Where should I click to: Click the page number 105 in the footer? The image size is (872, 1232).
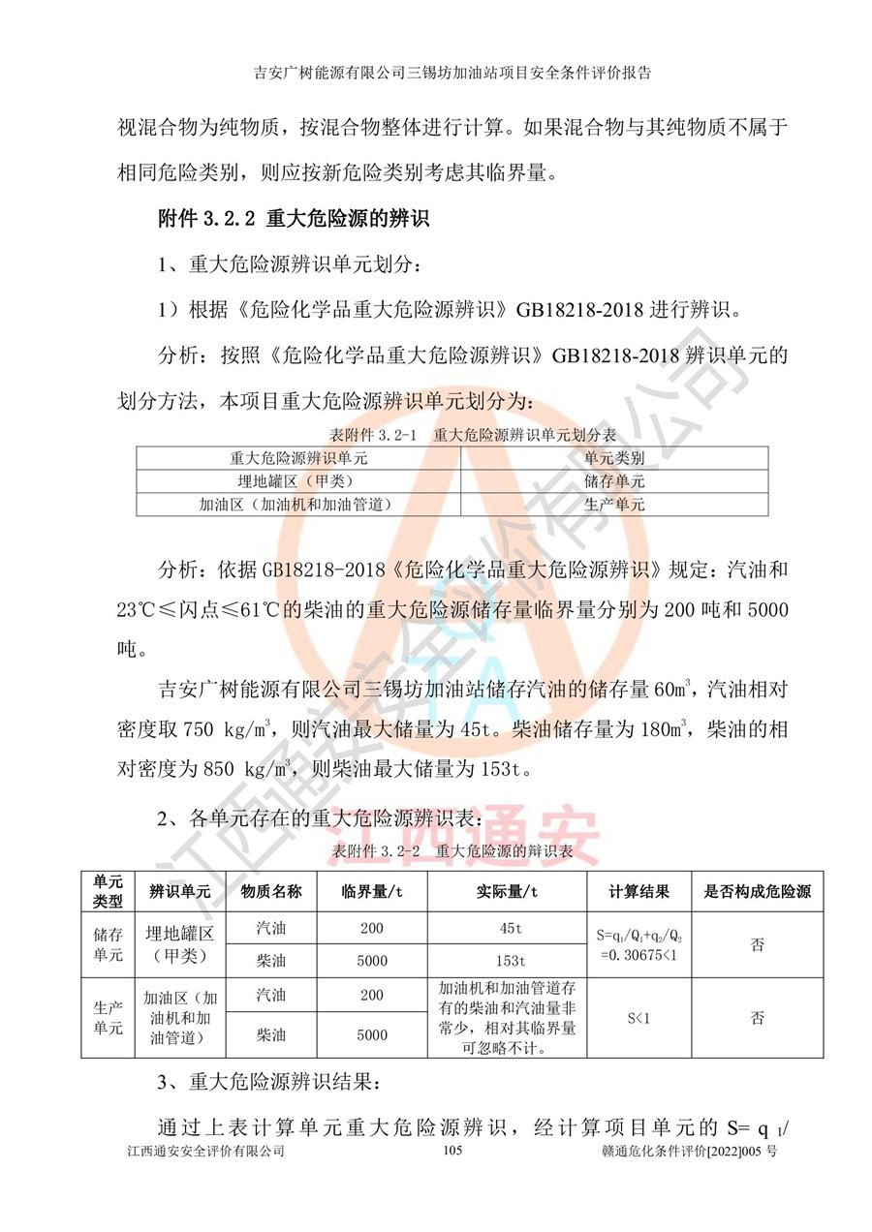453,1151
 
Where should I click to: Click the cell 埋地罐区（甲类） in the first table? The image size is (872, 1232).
297,480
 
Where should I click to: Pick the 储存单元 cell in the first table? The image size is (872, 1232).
614,480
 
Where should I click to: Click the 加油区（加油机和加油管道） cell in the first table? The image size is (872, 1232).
297,504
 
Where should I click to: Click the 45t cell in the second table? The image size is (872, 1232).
509,929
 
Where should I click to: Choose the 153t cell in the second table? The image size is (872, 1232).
509,961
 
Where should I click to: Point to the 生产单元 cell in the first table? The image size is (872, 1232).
614,504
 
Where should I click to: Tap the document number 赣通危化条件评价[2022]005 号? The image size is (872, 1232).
689,1151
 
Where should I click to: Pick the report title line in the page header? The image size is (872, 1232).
452,72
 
